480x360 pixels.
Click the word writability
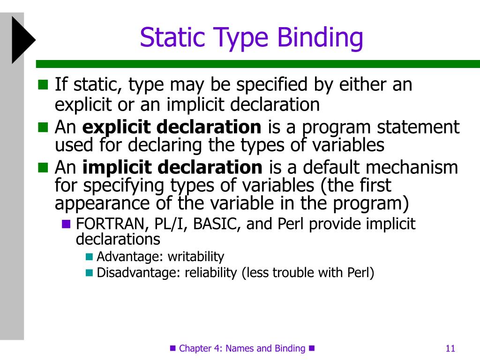pos(196,257)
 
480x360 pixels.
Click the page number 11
pos(450,348)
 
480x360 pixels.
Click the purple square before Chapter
pos(172,348)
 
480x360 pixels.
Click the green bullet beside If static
pos(43,85)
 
